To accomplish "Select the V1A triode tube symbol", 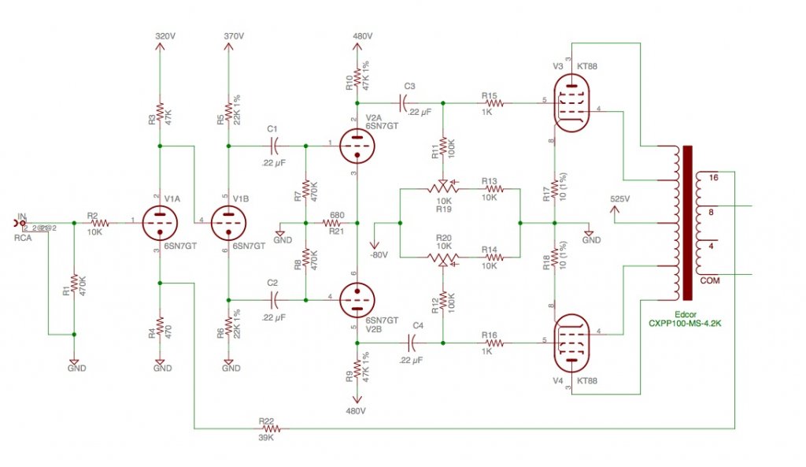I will (160, 223).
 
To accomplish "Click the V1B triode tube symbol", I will (227, 223).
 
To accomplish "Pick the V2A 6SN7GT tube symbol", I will (357, 145).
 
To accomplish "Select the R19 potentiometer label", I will (442, 209).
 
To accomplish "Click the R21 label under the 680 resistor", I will (336, 232).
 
